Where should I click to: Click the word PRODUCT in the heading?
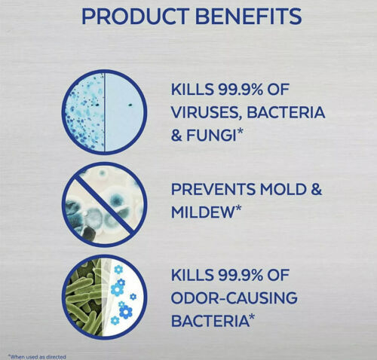(134, 17)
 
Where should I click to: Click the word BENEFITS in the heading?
(248, 17)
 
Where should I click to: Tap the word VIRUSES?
(205, 113)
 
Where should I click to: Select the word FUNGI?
(211, 136)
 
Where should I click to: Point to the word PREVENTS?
(213, 189)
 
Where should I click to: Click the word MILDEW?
(203, 212)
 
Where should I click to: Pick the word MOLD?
(283, 189)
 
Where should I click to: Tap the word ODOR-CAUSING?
(234, 297)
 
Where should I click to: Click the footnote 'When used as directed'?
(37, 356)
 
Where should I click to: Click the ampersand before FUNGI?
(176, 136)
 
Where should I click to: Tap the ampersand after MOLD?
(316, 189)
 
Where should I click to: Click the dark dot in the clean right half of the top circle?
(130, 105)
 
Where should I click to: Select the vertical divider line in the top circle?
(105, 112)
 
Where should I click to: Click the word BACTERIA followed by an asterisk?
(210, 321)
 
